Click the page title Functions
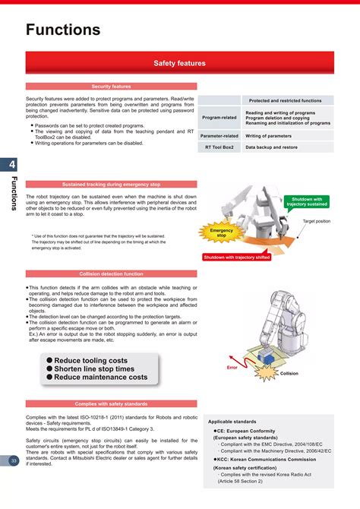click(63, 30)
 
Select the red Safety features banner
click(180, 64)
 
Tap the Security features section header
click(111, 87)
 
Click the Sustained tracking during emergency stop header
click(111, 185)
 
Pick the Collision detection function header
click(111, 273)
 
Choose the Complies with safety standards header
click(111, 403)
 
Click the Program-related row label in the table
click(219, 118)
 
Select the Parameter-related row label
click(219, 136)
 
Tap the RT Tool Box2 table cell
click(219, 147)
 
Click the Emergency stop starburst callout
click(222, 233)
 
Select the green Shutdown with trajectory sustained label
click(307, 202)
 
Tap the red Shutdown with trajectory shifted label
click(236, 258)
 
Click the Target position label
click(316, 221)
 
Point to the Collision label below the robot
click(289, 374)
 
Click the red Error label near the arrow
click(232, 368)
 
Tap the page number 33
click(14, 460)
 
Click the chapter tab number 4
click(13, 166)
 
